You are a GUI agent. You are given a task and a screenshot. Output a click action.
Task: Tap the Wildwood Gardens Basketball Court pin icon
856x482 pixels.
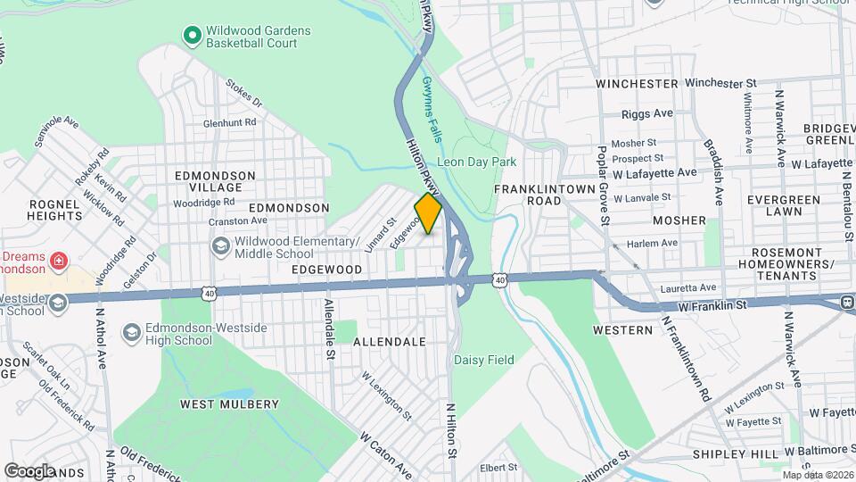[x=191, y=37]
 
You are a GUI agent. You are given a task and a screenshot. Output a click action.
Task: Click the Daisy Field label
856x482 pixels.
[x=483, y=360]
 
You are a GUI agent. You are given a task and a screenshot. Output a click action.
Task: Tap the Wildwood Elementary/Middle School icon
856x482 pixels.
[x=219, y=244]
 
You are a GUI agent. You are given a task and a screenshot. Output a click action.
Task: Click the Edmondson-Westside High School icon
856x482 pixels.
[x=131, y=333]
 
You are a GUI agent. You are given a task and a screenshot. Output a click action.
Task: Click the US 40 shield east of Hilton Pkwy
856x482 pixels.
[x=500, y=279]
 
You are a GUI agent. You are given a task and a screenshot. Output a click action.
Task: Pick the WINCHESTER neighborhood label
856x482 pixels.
[x=637, y=83]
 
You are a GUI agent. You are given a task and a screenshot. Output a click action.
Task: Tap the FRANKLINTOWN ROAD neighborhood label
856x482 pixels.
[x=540, y=195]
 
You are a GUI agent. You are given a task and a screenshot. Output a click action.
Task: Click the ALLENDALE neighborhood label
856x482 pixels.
[x=390, y=342]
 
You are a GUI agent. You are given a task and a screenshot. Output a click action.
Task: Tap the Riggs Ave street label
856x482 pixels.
[x=646, y=114]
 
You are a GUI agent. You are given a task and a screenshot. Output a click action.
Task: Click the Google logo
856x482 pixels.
[x=29, y=470]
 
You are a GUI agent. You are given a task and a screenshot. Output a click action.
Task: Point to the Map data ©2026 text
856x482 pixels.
[x=817, y=474]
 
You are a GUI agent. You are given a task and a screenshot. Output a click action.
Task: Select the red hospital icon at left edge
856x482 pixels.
[x=58, y=262]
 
